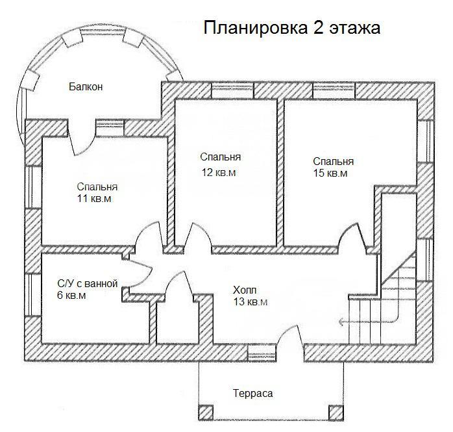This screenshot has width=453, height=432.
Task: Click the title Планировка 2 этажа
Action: click(x=292, y=28)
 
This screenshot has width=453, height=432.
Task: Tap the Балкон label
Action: click(x=86, y=87)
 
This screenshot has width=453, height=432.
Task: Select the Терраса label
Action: click(x=253, y=394)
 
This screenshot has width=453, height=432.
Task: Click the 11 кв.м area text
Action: click(x=94, y=199)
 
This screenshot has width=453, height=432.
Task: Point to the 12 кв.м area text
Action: click(x=219, y=173)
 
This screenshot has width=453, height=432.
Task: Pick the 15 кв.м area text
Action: click(x=330, y=173)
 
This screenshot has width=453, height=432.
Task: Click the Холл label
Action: click(x=245, y=290)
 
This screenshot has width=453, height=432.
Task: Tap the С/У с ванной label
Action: click(x=88, y=284)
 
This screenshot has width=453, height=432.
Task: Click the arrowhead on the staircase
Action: click(x=341, y=322)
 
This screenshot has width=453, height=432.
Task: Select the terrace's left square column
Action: click(x=206, y=413)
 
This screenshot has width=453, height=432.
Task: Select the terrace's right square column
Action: click(x=336, y=413)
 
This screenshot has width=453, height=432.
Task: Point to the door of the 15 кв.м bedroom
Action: click(x=353, y=235)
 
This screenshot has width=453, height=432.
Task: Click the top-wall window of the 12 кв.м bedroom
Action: click(x=232, y=90)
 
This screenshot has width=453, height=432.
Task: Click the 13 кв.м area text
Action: click(x=251, y=302)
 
